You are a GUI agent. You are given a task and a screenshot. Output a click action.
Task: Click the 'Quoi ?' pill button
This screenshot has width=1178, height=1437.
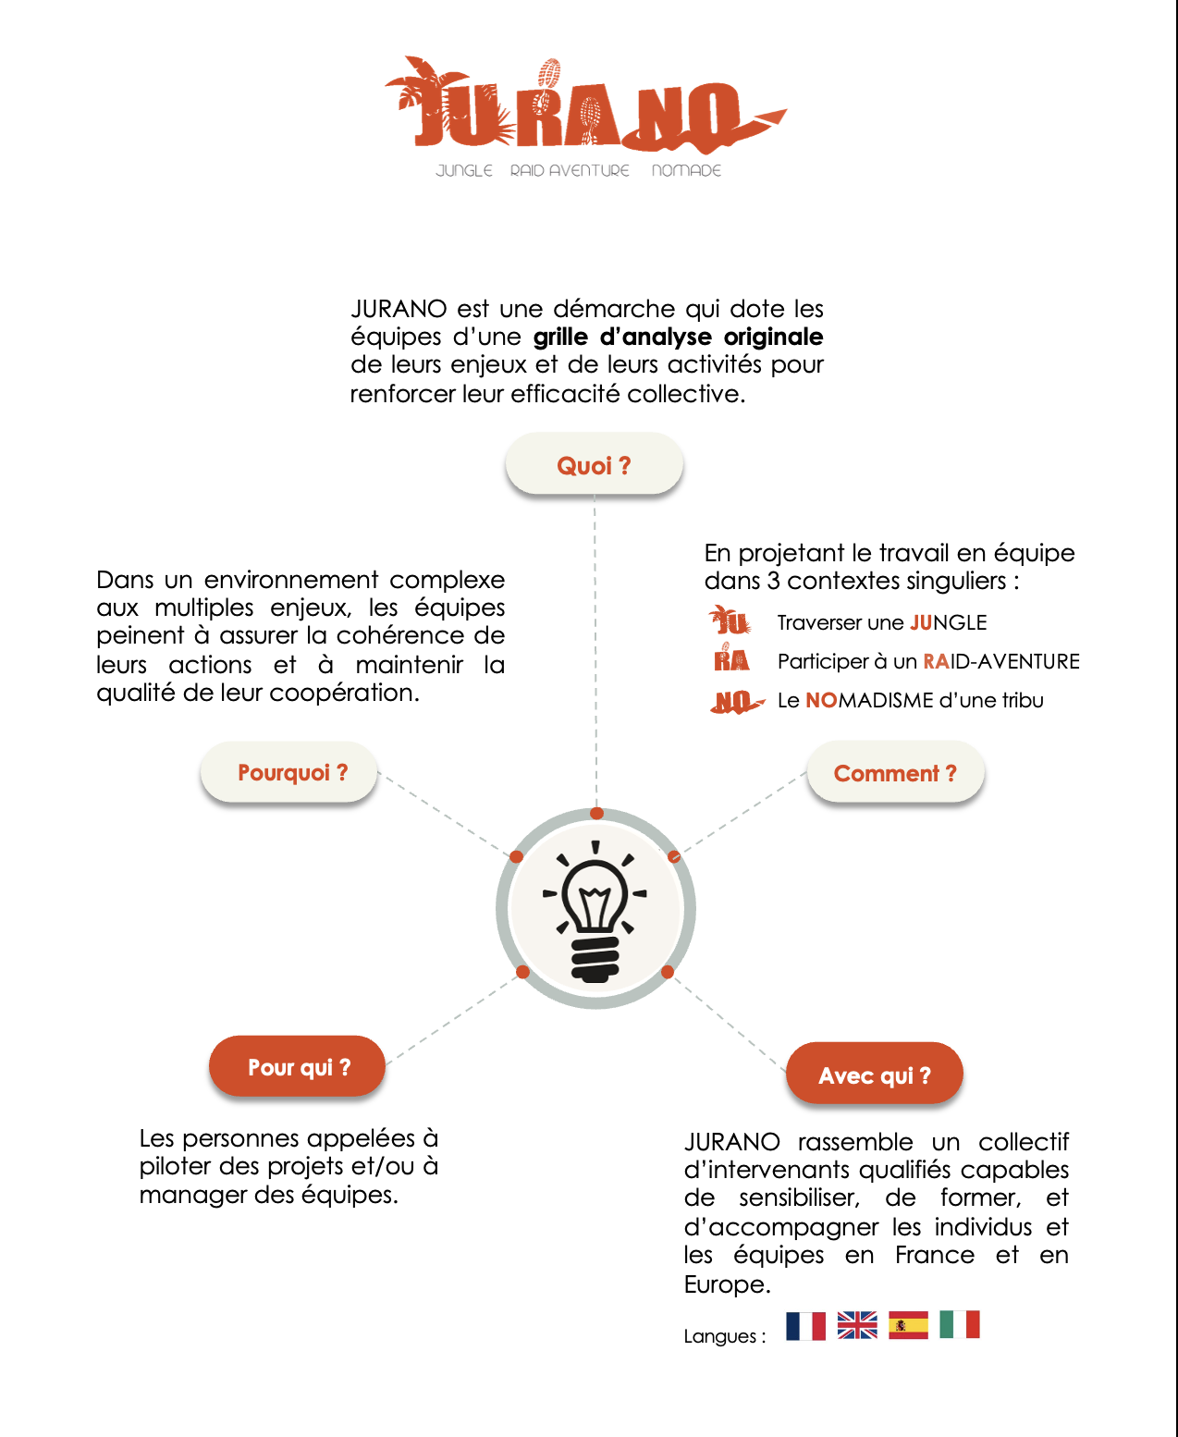tap(594, 465)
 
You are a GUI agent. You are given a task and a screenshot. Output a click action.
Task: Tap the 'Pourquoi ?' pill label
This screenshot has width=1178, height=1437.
tap(292, 772)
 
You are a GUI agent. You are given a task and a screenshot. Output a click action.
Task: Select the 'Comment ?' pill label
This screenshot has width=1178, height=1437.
tap(895, 773)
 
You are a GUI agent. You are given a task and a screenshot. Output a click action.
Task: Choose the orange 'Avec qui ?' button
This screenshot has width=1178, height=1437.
tap(875, 1075)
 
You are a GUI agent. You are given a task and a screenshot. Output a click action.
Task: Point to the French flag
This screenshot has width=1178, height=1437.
tap(805, 1326)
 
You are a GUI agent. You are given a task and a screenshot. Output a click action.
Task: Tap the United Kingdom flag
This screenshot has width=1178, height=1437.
tap(857, 1326)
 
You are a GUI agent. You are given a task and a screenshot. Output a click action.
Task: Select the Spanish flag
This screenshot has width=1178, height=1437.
tap(908, 1326)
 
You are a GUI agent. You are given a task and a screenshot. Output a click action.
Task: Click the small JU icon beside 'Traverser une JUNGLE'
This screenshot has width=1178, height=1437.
tap(730, 620)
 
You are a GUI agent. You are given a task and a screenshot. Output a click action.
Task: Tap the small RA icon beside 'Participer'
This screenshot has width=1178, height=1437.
tap(730, 658)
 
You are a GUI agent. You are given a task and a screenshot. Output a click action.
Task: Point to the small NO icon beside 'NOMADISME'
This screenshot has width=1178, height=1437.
tap(736, 702)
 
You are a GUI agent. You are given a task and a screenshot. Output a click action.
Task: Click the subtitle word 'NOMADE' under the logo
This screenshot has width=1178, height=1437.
tap(686, 171)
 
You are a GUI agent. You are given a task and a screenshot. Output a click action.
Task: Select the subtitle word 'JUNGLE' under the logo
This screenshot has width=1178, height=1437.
tap(464, 171)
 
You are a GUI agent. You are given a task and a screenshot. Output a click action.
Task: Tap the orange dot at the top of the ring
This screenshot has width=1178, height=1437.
tap(597, 814)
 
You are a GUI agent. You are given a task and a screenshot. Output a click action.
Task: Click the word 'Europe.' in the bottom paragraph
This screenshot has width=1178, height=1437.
tap(727, 1284)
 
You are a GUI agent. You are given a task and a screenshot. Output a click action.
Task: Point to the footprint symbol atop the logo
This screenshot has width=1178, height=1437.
tap(549, 73)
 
